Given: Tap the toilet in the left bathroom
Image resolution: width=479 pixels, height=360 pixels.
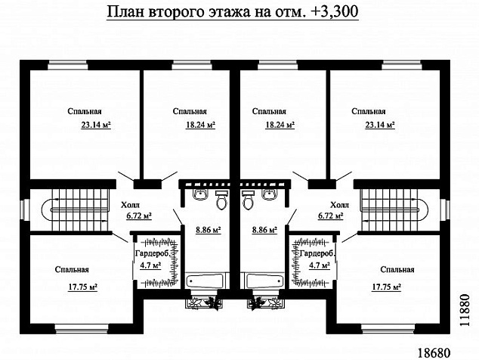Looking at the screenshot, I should pyautogui.click(x=221, y=201).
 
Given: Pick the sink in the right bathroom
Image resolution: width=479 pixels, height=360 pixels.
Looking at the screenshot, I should pyautogui.click(x=269, y=196).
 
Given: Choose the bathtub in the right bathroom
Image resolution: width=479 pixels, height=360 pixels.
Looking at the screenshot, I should pyautogui.click(x=264, y=280).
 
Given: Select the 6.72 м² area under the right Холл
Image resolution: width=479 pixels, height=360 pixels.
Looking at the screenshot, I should pyautogui.click(x=330, y=216).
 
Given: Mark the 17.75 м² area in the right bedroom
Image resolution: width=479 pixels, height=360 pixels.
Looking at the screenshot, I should pyautogui.click(x=385, y=287).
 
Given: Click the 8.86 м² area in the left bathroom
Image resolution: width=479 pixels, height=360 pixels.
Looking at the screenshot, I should pyautogui.click(x=208, y=228).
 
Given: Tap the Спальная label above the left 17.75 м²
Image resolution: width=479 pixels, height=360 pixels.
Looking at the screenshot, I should pyautogui.click(x=73, y=270).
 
